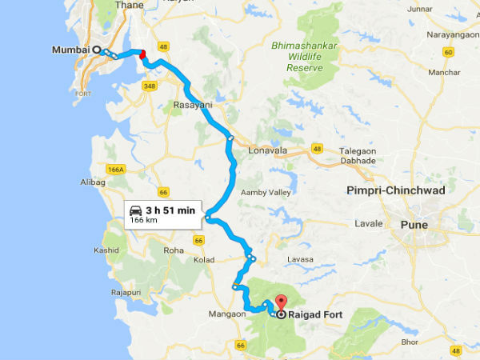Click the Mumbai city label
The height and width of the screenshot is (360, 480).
pos(70,49)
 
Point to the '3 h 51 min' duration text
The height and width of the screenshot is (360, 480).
pos(170,210)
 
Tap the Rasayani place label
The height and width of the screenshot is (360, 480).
pos(192,104)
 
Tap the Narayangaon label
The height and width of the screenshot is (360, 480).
pos(442,36)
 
